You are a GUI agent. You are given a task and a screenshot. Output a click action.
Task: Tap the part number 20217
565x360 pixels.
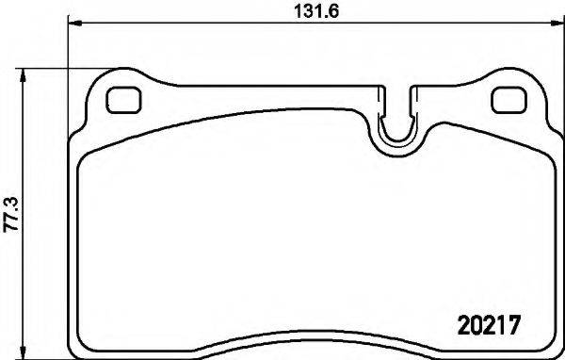[x=488, y=322]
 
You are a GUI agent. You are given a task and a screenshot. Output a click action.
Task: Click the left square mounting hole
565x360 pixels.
[x=122, y=99]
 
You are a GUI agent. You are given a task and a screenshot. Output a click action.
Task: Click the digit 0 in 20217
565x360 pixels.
[x=474, y=322]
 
